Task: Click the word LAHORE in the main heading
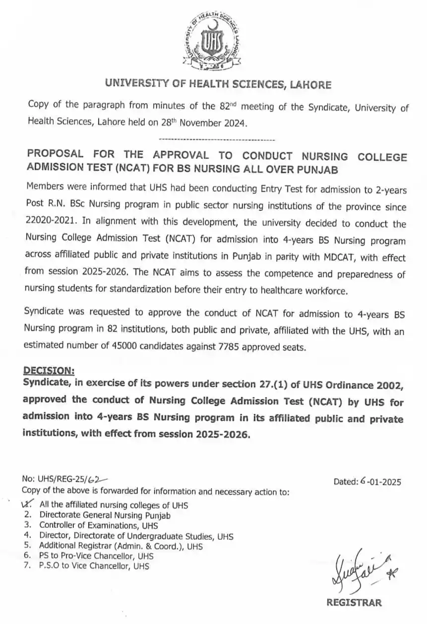310,85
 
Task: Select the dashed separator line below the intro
218,140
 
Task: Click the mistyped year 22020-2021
49,223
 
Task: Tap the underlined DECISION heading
49,370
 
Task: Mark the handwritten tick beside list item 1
27,504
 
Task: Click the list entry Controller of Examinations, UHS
99,525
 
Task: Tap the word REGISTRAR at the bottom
354,603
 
